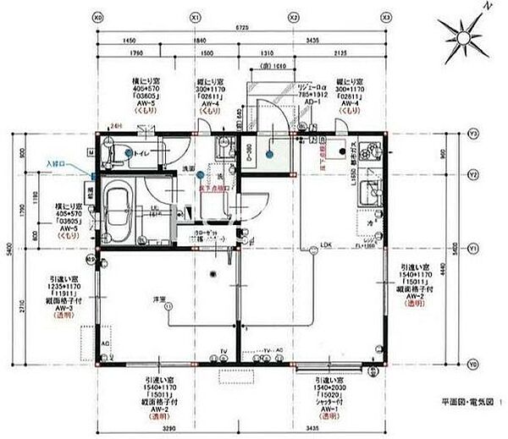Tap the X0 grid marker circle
click(98, 16)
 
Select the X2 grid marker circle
click(294, 16)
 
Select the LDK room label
click(324, 246)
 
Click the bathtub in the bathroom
click(118, 209)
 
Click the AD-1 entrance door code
click(311, 100)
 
